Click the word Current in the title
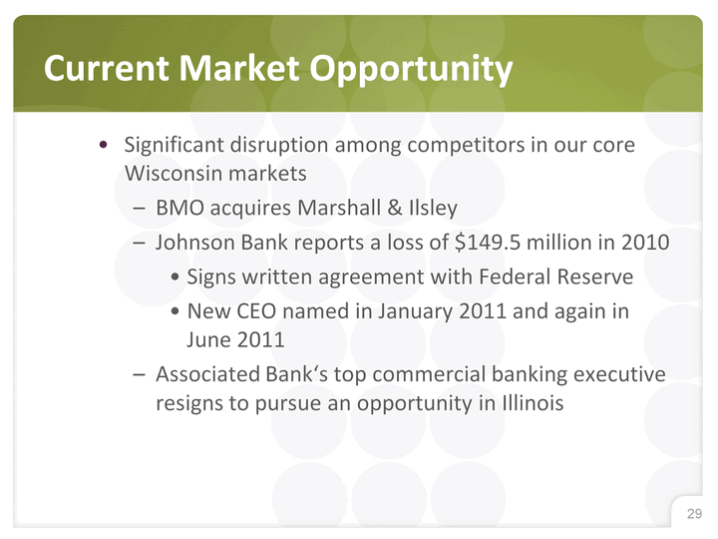tap(107, 68)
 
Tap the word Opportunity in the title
tap(411, 70)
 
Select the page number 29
tap(694, 513)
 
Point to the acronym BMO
tap(179, 208)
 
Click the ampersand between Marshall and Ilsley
tap(395, 208)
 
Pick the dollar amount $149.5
tap(488, 242)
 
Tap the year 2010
tap(645, 242)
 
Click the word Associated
tap(207, 374)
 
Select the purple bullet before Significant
tap(104, 146)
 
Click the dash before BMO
tap(139, 209)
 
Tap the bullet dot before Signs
tap(175, 277)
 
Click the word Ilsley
tap(433, 209)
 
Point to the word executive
tap(619, 374)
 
